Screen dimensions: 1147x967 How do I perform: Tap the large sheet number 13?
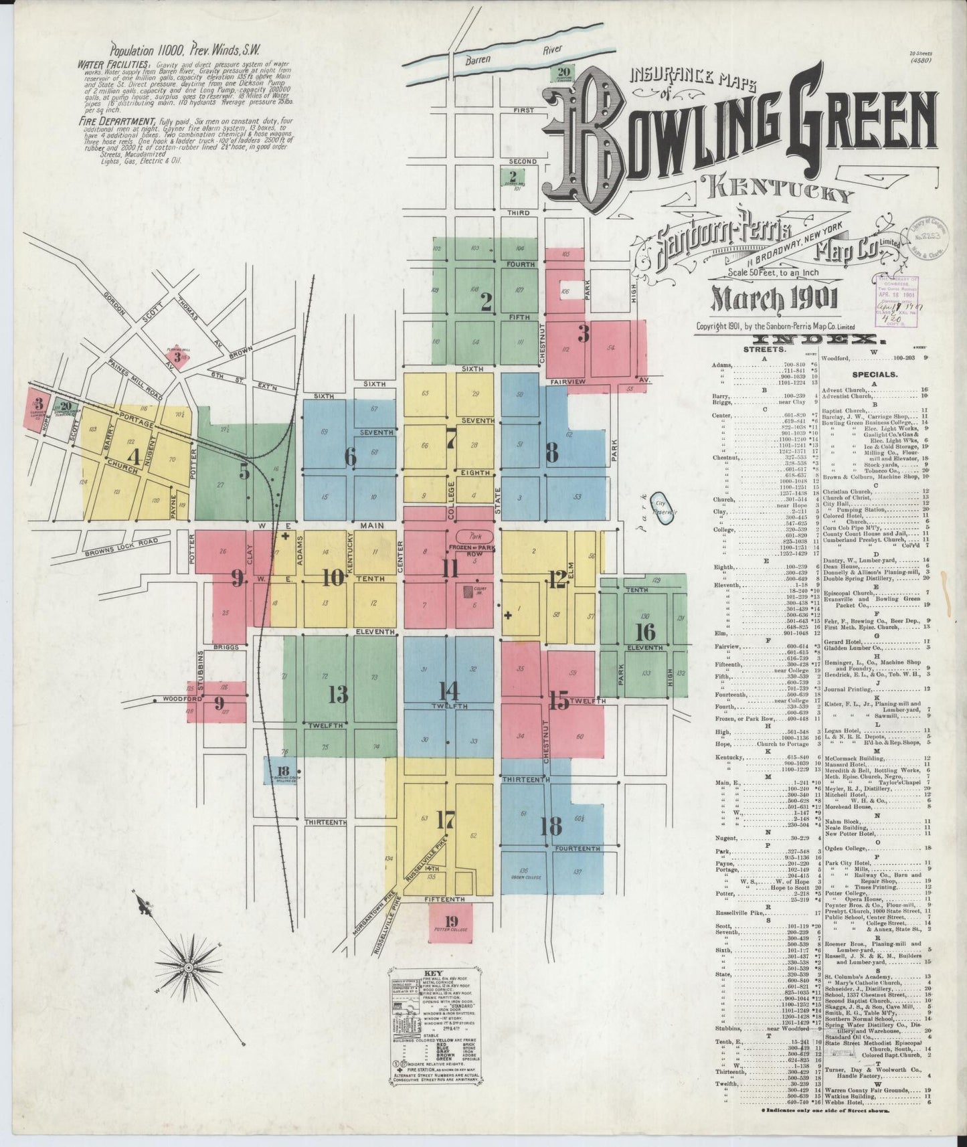point(338,695)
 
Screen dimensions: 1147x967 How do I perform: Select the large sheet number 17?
point(445,819)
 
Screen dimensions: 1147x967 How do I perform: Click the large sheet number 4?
point(135,458)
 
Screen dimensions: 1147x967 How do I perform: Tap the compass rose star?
point(189,966)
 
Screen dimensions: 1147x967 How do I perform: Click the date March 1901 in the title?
point(774,299)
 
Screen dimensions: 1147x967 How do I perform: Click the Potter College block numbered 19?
point(450,922)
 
